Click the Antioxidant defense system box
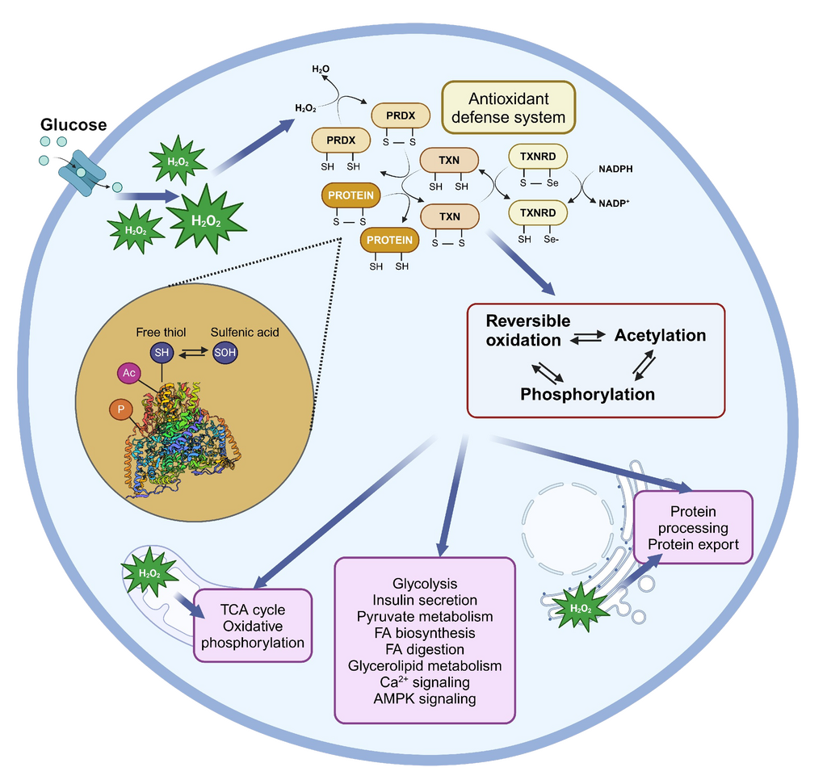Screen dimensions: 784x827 click(x=508, y=107)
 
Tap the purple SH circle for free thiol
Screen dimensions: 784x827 click(x=162, y=352)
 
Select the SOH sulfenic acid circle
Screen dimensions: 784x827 click(x=225, y=352)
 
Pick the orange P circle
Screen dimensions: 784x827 click(x=120, y=410)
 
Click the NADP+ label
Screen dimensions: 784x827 click(x=613, y=203)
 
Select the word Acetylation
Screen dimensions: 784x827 click(x=660, y=335)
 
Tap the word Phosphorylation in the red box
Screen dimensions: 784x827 click(x=587, y=394)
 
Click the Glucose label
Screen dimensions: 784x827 click(x=73, y=125)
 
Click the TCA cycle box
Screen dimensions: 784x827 click(x=253, y=626)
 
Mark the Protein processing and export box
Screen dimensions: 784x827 click(x=693, y=527)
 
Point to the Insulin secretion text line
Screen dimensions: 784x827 click(x=425, y=600)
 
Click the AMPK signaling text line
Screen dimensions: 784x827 click(x=425, y=698)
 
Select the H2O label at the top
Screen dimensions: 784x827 click(x=321, y=69)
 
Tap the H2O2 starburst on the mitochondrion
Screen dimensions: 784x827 click(x=149, y=573)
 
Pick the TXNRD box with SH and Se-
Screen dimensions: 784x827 click(x=537, y=213)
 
